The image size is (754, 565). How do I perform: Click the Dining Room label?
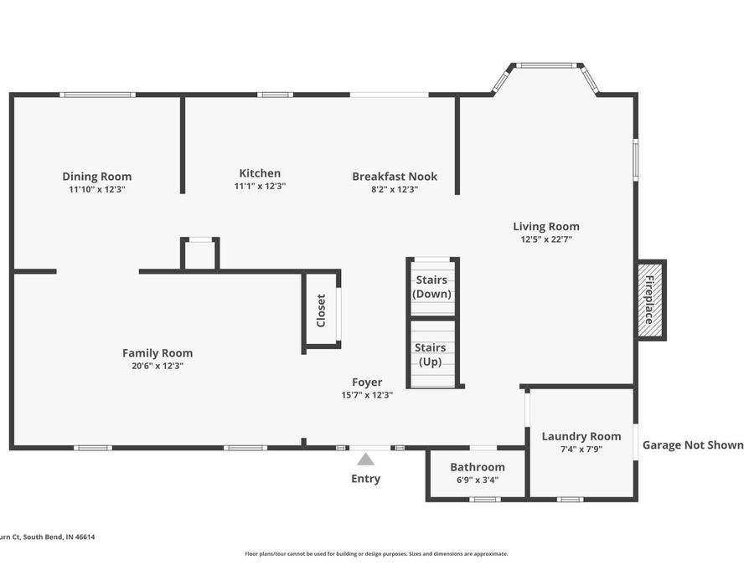coord(97,177)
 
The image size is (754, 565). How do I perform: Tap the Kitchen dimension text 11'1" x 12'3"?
coord(260,187)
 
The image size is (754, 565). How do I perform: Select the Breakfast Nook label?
coord(395,177)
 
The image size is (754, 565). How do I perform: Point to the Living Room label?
coord(546,226)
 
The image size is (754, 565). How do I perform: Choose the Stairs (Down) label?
coord(432,287)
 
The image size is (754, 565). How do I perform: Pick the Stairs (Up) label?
coord(431,355)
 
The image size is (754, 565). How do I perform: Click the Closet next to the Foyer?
coord(321,310)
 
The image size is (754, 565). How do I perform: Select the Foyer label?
coord(367,383)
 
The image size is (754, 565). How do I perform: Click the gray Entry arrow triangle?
coord(365,459)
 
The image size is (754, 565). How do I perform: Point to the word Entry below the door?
coord(365,479)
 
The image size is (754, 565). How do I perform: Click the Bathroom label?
coord(478,467)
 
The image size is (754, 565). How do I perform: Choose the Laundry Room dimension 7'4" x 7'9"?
coord(581,449)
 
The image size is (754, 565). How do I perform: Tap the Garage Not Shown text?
coord(693,444)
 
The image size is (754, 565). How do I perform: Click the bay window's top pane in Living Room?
coord(545,65)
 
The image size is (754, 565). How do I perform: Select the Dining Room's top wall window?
coord(97,95)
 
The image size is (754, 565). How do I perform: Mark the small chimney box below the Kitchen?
coord(200,254)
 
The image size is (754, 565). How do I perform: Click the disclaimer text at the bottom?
coord(376,553)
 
